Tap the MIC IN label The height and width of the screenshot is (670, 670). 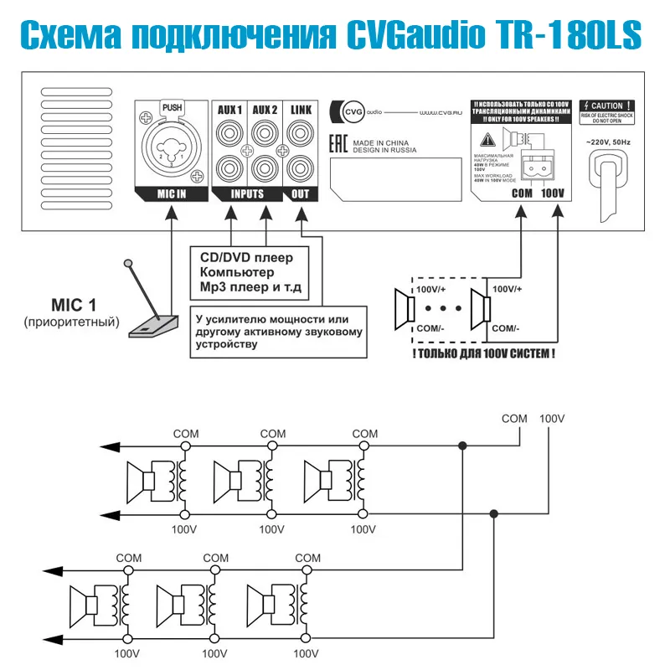(x=171, y=194)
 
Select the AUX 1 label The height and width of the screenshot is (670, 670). (x=229, y=110)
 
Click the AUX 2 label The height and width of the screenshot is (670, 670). (x=265, y=110)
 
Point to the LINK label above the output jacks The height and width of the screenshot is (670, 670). (x=300, y=110)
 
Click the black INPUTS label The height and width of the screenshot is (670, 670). (x=247, y=194)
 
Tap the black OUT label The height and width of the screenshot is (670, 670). (x=300, y=194)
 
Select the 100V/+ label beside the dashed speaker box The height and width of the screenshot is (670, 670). (x=509, y=290)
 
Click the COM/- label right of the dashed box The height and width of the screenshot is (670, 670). (x=508, y=327)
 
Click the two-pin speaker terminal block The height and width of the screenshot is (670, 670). (x=538, y=167)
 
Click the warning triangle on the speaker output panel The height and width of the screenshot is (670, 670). (x=487, y=142)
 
